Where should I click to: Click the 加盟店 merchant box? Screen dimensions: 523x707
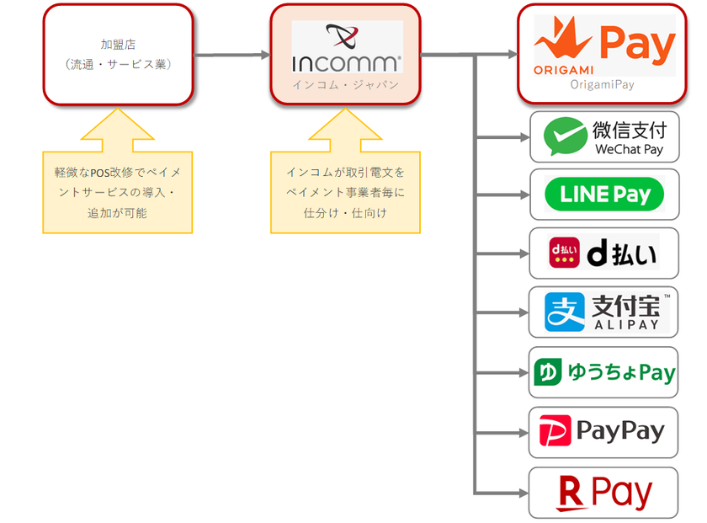(118, 54)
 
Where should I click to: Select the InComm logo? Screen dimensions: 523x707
(347, 47)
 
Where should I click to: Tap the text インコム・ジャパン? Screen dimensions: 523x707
(346, 85)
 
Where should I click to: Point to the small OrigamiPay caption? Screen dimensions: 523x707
(602, 84)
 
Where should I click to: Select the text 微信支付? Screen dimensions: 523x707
(629, 129)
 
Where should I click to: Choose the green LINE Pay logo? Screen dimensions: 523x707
(603, 195)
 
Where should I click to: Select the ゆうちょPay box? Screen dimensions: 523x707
(603, 372)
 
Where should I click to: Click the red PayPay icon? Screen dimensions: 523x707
(555, 432)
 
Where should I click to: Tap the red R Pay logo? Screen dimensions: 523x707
(603, 493)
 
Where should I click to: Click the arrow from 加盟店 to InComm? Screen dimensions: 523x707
(231, 55)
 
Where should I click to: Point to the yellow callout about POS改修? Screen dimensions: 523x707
(118, 192)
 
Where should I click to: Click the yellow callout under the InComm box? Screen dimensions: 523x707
(345, 192)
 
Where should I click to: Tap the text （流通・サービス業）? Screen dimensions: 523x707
(118, 63)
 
